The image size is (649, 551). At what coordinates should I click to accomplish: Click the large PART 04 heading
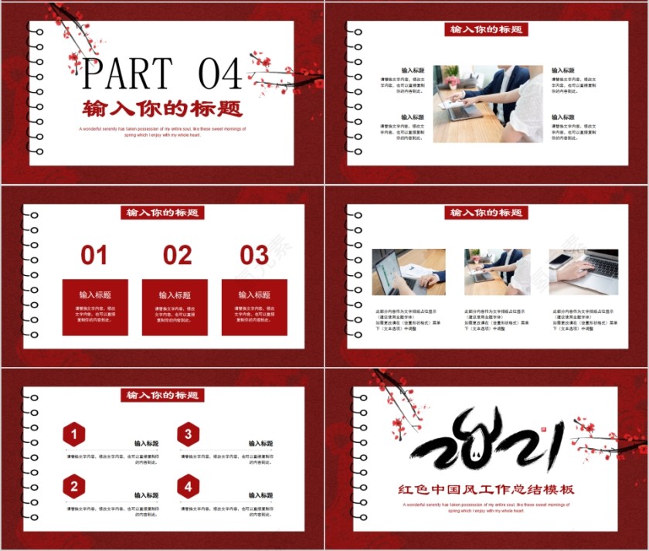tap(162, 73)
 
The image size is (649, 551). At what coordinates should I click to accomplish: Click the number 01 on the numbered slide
tap(94, 255)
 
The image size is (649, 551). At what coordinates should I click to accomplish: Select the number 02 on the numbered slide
tap(177, 255)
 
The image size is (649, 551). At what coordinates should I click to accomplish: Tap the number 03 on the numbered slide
tap(254, 255)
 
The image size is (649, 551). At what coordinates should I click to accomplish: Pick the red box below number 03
tap(254, 307)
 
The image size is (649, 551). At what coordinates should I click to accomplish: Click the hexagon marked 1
tap(74, 435)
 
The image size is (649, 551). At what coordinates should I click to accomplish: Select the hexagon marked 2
tap(74, 486)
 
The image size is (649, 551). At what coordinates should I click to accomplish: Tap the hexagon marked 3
tap(188, 435)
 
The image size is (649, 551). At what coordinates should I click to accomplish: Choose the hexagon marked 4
tap(188, 486)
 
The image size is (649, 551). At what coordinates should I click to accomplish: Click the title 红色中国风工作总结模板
tap(487, 489)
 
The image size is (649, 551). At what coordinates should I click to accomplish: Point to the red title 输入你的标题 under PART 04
tap(162, 108)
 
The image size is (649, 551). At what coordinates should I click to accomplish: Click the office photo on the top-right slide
tap(488, 104)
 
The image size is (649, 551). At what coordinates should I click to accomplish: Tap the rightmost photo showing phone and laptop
tap(583, 272)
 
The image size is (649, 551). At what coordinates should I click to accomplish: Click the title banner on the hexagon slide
tap(162, 396)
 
